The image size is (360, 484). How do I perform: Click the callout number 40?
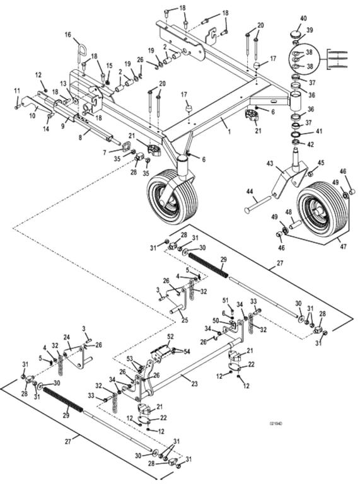pos(304,18)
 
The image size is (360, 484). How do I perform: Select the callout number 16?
pos(68,36)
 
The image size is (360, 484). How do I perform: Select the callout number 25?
pos(168,321)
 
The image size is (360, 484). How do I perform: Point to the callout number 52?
pos(170,337)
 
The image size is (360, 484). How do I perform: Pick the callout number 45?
pos(321,163)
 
